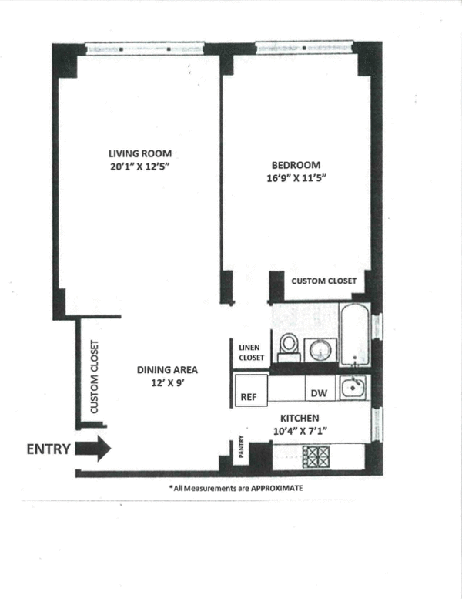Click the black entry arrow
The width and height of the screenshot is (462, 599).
(94, 449)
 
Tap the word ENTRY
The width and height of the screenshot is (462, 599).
(50, 449)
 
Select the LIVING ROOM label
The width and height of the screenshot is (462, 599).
(139, 153)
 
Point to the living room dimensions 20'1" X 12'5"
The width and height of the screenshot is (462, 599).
(139, 167)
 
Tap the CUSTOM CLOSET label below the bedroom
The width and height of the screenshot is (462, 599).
(323, 281)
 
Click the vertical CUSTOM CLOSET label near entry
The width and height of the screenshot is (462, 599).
(94, 378)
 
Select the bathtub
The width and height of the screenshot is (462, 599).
(354, 335)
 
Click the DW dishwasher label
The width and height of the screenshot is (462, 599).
(319, 393)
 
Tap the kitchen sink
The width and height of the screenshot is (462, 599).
(353, 387)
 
